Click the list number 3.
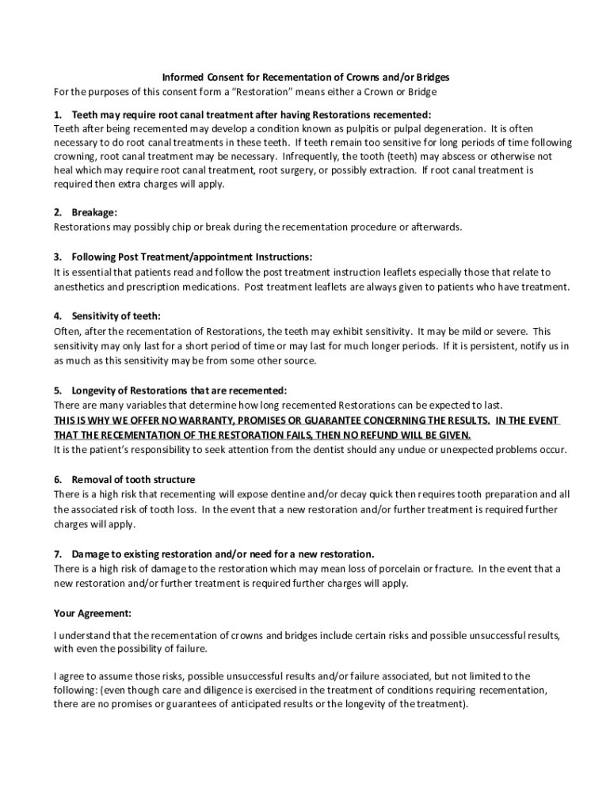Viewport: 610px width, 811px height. (x=58, y=257)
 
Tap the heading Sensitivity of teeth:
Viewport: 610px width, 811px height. (x=116, y=317)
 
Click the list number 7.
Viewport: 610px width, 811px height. (x=58, y=554)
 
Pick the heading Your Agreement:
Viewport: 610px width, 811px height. (x=93, y=613)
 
